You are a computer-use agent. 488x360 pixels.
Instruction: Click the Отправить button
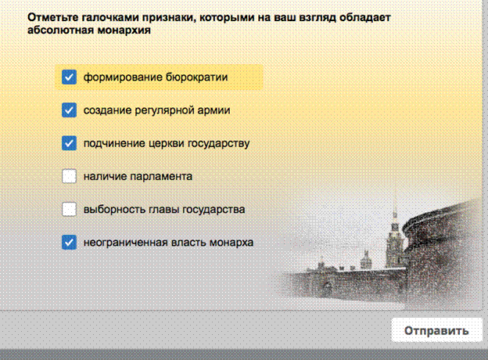click(436, 330)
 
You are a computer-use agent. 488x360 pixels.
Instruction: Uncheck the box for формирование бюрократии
click(69, 77)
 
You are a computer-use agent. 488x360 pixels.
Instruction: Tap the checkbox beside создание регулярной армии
click(69, 110)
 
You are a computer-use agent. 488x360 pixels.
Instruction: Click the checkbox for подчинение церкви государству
click(69, 143)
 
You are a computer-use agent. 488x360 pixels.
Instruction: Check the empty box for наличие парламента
click(69, 176)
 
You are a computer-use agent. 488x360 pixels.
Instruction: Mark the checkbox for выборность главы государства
click(69, 209)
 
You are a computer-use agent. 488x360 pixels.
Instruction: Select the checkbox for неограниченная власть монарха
click(69, 243)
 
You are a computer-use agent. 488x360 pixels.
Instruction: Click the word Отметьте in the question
click(52, 17)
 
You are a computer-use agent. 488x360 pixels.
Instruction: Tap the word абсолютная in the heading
click(60, 31)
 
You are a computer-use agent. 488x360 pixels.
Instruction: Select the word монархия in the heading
click(124, 31)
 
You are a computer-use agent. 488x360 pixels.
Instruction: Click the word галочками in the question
click(110, 17)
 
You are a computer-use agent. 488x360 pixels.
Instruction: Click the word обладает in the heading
click(365, 17)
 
